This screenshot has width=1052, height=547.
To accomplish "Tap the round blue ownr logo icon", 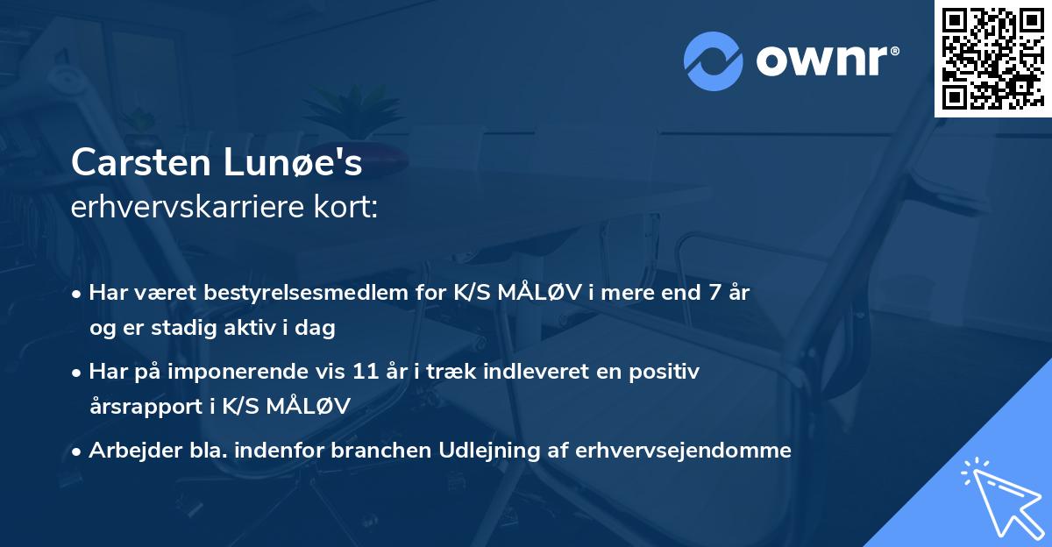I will pos(713,61).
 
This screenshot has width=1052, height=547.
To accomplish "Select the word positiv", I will pos(667,372).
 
